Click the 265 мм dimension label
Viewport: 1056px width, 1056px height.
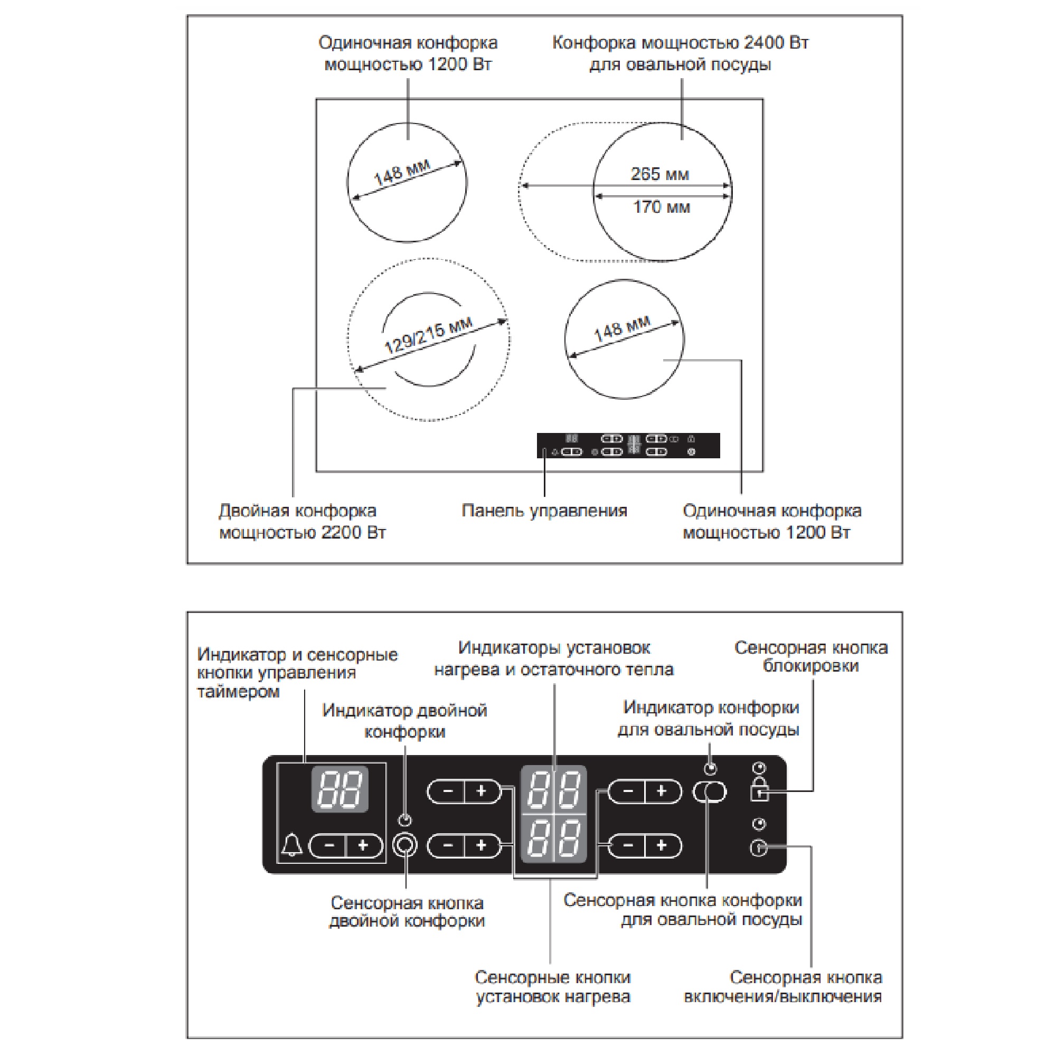[x=659, y=174]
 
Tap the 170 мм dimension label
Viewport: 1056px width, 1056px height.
[x=662, y=207]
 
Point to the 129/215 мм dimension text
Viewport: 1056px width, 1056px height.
[x=428, y=335]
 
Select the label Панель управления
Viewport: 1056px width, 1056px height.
[x=544, y=511]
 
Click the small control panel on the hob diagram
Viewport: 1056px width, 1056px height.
[x=628, y=446]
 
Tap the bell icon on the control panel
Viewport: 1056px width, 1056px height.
[x=293, y=845]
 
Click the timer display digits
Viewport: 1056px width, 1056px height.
[x=340, y=789]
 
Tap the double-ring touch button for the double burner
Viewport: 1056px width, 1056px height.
[x=405, y=845]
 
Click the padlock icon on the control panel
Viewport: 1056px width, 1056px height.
[x=759, y=789]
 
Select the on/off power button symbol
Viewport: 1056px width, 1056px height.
[x=759, y=848]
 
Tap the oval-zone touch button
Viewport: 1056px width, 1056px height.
[x=710, y=791]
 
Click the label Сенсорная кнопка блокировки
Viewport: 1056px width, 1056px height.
[x=810, y=656]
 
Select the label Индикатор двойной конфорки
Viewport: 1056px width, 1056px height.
[x=404, y=720]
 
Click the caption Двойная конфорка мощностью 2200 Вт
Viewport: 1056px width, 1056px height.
[x=302, y=522]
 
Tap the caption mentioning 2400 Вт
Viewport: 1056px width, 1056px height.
[x=680, y=53]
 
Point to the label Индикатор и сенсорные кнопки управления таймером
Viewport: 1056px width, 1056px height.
[x=297, y=673]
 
